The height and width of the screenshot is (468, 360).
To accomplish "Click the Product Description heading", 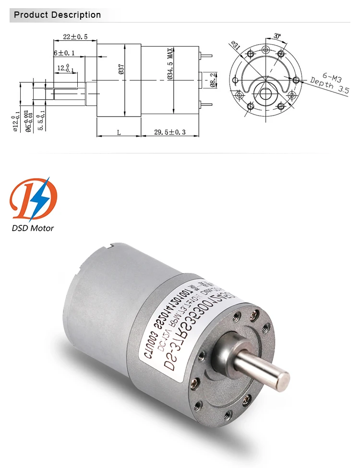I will [x=57, y=15].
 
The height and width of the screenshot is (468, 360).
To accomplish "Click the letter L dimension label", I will [x=118, y=132].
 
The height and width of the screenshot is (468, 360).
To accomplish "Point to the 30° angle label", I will [x=277, y=35].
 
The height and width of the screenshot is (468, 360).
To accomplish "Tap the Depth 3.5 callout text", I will [x=329, y=86].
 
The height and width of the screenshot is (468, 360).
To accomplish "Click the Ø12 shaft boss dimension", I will [x=15, y=122].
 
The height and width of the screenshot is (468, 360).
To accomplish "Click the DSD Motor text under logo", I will [x=33, y=228].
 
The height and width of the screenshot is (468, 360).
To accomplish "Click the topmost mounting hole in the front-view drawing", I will [x=265, y=50].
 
